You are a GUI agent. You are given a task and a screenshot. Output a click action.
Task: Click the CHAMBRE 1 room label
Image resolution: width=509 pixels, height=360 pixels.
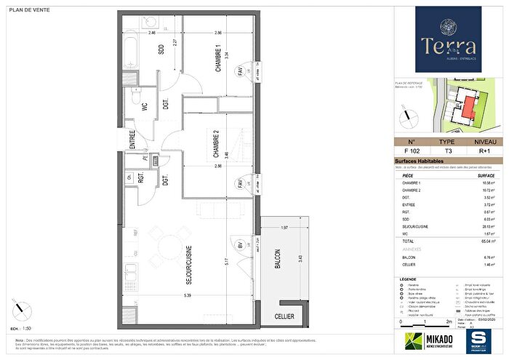[x=217, y=58]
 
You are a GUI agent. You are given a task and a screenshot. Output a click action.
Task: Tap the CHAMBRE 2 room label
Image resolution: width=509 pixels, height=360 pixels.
[x=215, y=144]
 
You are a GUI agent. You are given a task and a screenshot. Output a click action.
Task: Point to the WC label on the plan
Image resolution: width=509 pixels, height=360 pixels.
[x=144, y=106]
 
